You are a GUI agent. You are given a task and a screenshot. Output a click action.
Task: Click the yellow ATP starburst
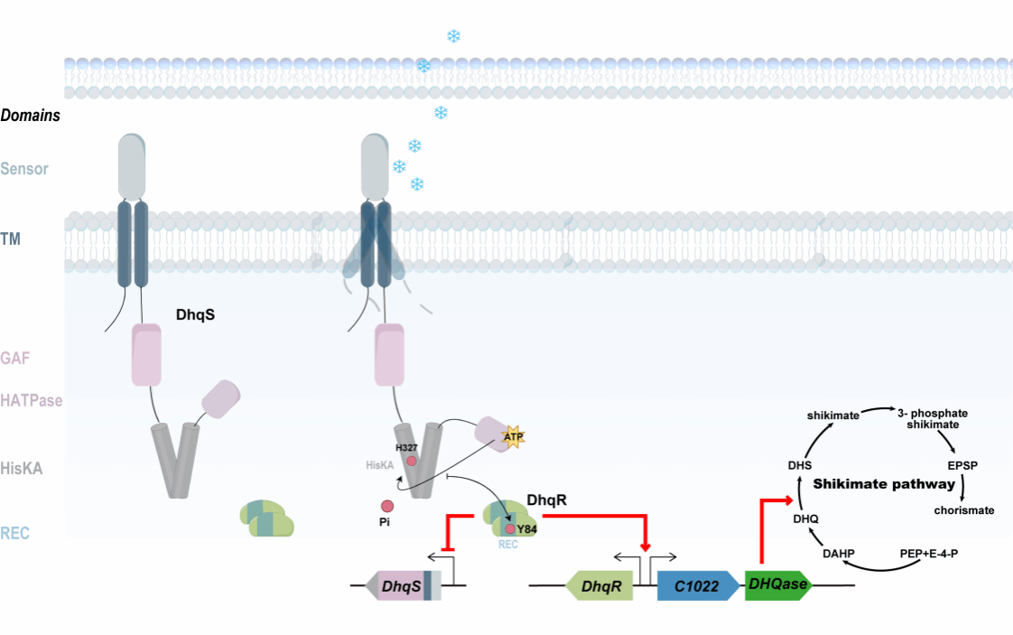[514, 437]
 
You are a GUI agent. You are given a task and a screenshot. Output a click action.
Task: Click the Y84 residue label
[526, 528]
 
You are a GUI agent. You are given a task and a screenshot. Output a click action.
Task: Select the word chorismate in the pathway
[964, 510]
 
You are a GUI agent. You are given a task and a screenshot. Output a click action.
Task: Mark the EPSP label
[962, 466]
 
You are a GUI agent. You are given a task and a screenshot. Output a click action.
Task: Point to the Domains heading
[31, 116]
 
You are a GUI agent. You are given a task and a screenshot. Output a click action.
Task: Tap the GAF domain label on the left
[15, 359]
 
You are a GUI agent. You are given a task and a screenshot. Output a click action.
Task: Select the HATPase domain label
[32, 400]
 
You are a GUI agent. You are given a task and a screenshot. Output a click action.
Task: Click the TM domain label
[11, 238]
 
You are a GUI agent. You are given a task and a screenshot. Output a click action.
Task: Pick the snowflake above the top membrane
[454, 36]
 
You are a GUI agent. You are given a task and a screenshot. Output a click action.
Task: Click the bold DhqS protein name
[195, 316]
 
